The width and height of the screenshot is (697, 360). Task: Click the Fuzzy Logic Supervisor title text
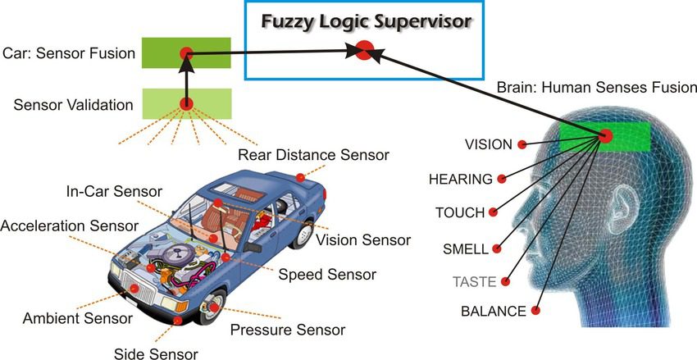point(367,21)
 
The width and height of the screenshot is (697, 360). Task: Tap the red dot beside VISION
point(521,145)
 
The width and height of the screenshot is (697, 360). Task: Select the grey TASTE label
point(475,281)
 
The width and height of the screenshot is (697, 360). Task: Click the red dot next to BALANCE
point(535,311)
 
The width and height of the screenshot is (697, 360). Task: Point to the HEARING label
point(461,179)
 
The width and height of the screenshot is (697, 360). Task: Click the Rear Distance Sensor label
point(312,154)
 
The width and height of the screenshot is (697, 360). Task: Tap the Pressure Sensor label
point(288,330)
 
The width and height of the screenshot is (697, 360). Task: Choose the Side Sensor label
point(156,353)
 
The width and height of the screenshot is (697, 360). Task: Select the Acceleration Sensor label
point(70,225)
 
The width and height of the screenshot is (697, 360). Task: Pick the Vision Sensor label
point(362,239)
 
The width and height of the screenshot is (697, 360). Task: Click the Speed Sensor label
point(327,274)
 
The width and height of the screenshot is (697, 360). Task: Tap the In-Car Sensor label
point(114,192)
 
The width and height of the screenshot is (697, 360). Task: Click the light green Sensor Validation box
point(187,103)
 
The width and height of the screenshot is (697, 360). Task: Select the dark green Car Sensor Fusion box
point(187,53)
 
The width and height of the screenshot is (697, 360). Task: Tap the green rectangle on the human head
point(606,136)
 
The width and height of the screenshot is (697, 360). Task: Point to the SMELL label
point(466,248)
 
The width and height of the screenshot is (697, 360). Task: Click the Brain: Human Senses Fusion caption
point(597,87)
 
